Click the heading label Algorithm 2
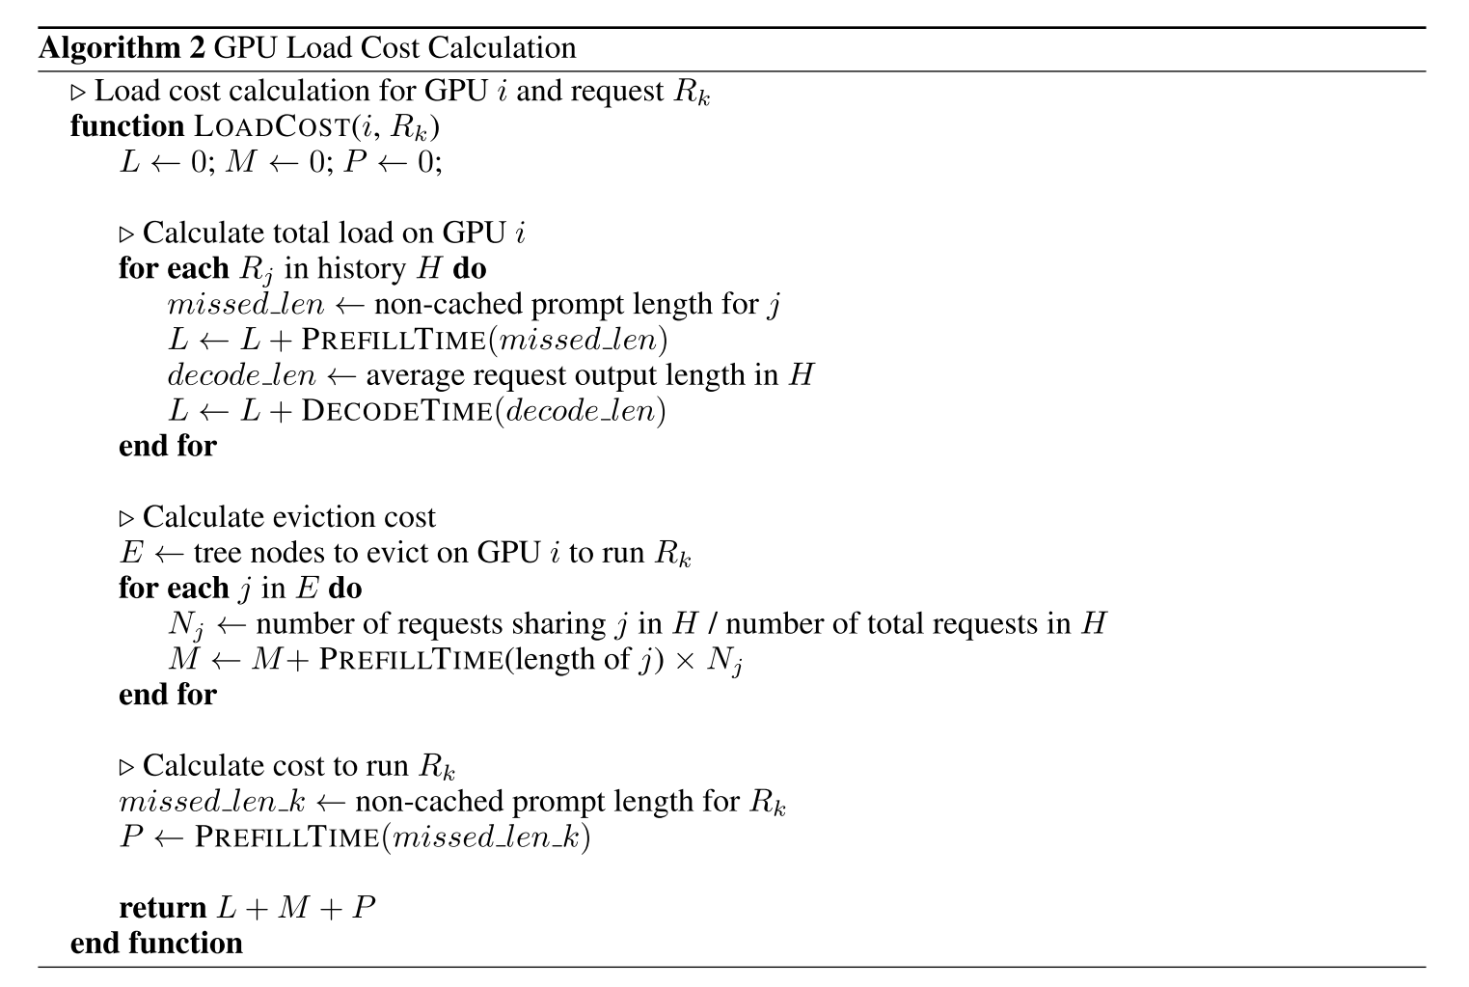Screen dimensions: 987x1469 coord(121,48)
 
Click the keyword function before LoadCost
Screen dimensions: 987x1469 coord(126,126)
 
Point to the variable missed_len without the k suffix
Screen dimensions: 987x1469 coord(245,305)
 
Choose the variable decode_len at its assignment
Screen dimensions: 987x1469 coord(241,375)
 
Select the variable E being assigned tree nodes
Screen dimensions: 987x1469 coord(130,553)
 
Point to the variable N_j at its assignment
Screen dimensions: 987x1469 coord(186,625)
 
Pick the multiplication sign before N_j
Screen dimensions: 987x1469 coord(690,661)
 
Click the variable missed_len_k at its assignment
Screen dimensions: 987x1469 coord(211,802)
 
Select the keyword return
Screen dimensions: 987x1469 coord(162,908)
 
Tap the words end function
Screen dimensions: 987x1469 coord(156,943)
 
